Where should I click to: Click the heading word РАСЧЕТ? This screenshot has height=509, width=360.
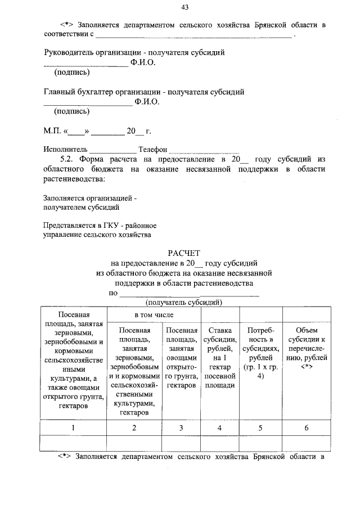185,253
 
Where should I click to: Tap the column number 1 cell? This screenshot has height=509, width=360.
73,428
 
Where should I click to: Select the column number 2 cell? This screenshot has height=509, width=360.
134,428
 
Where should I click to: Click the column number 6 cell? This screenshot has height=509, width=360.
307,428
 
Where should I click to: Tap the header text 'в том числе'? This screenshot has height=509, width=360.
154,314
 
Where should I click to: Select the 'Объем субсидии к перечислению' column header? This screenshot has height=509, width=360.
307,349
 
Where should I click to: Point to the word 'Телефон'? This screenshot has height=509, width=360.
154,150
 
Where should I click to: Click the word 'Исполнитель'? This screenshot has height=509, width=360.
65,150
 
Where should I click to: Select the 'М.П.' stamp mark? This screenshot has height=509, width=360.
53,132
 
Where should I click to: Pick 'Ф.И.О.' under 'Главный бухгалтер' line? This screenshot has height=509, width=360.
147,102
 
